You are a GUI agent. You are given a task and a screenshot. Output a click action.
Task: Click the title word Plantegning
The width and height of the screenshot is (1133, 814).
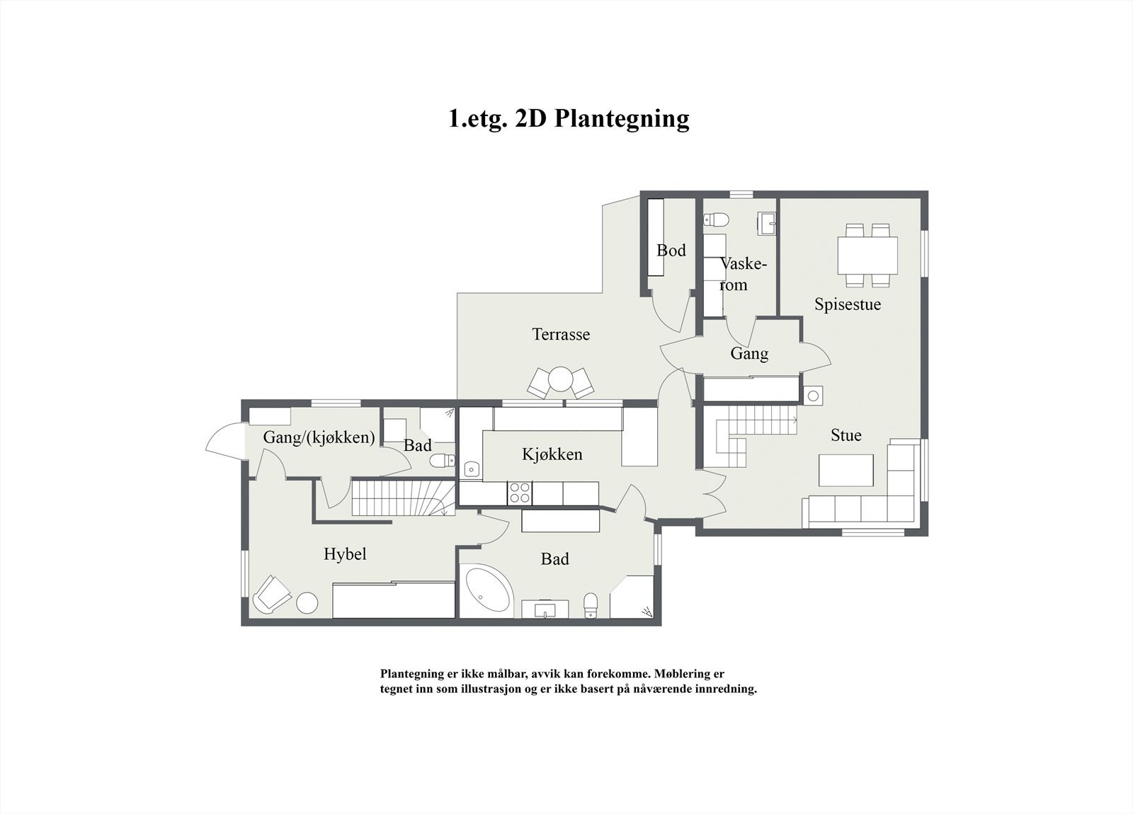(x=621, y=118)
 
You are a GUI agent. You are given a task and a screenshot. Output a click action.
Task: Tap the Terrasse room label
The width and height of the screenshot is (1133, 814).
(x=561, y=334)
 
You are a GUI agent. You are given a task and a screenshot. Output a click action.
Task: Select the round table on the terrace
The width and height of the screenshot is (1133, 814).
(x=560, y=379)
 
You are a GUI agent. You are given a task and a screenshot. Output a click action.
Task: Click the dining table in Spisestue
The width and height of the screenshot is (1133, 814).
(x=867, y=256)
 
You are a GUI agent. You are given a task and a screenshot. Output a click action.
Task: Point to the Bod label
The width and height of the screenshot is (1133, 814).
(x=671, y=250)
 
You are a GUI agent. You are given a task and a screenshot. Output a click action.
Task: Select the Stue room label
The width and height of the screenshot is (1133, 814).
(x=846, y=435)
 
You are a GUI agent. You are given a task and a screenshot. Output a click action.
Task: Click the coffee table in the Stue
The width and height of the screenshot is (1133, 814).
(x=846, y=470)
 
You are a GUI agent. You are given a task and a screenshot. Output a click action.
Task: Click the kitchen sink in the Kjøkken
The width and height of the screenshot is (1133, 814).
(x=472, y=469)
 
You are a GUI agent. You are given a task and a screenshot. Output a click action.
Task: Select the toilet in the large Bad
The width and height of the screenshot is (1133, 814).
(x=591, y=604)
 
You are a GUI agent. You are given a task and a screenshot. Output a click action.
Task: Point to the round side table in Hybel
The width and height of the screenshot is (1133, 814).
(x=307, y=602)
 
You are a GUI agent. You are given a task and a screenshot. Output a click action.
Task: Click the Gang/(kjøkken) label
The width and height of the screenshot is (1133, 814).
(x=319, y=437)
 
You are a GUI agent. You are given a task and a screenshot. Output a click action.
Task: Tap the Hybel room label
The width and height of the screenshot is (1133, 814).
(x=345, y=554)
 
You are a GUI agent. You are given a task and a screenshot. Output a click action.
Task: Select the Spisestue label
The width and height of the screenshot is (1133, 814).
(x=847, y=304)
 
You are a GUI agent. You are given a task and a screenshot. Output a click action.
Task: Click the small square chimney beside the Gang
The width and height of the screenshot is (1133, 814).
(x=813, y=396)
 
